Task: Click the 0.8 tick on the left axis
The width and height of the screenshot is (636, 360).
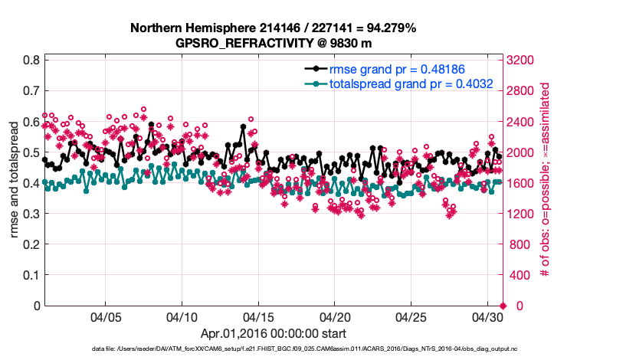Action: [31, 60]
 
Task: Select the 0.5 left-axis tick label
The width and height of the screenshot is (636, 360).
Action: [31, 152]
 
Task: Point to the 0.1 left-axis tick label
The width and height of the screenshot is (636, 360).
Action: [31, 275]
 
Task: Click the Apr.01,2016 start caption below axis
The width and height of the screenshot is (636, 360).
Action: [273, 333]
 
